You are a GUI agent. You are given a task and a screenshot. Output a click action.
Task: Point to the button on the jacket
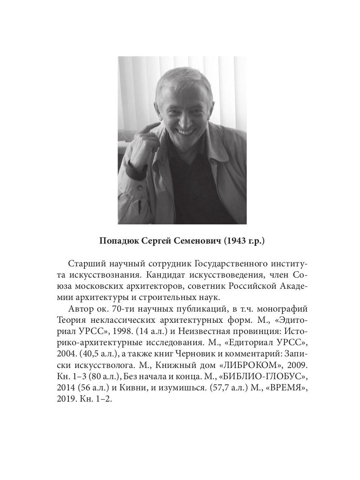(139, 187)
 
